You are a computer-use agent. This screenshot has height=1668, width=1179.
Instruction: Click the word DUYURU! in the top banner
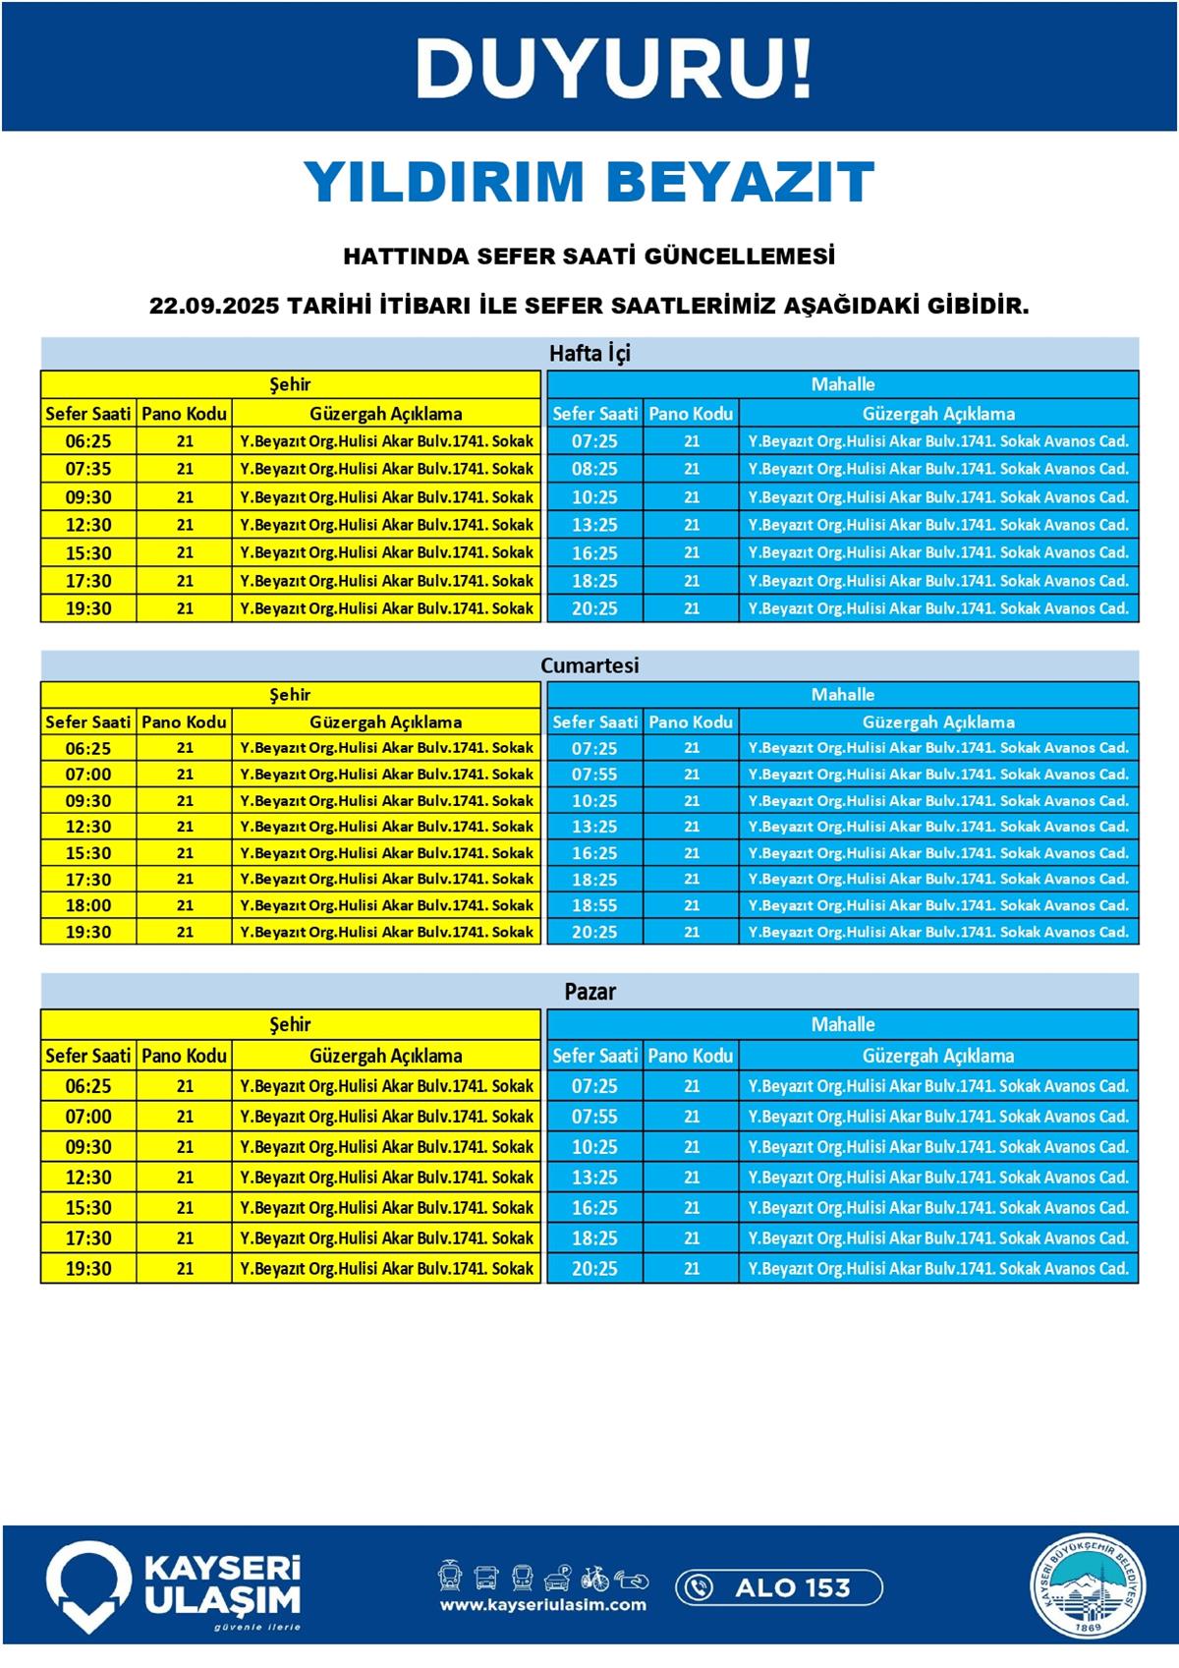point(614,69)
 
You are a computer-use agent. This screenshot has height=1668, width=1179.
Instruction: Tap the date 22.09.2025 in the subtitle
point(214,306)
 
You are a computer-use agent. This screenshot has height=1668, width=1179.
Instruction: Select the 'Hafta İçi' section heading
point(589,353)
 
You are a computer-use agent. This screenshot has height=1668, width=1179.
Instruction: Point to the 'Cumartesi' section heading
point(589,665)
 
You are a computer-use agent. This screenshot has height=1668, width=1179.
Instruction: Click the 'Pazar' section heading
point(589,992)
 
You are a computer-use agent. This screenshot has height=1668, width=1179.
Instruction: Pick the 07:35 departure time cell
point(88,469)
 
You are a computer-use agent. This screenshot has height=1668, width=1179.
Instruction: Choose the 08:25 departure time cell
point(594,469)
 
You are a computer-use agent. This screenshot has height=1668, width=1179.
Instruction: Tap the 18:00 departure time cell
point(88,905)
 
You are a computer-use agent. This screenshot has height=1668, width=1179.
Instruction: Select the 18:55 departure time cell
point(594,905)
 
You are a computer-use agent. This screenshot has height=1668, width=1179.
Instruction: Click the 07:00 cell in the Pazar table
point(88,1117)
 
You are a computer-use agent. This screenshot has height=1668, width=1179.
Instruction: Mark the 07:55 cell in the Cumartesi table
point(594,775)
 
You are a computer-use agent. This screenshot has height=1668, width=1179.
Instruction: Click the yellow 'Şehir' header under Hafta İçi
point(290,384)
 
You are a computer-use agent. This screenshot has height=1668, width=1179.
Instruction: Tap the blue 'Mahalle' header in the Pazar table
point(842,1024)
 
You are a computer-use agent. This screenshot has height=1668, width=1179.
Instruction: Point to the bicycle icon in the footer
point(594,1578)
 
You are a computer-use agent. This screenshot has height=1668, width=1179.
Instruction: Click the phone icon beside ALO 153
point(699,1587)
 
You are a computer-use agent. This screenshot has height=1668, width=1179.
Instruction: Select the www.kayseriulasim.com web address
point(542,1605)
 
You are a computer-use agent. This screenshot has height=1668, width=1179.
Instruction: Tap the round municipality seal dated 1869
point(1088,1587)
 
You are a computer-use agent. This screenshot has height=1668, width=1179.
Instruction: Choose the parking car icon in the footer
point(558,1578)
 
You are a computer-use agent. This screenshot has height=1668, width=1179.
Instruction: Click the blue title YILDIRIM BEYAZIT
point(589,181)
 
